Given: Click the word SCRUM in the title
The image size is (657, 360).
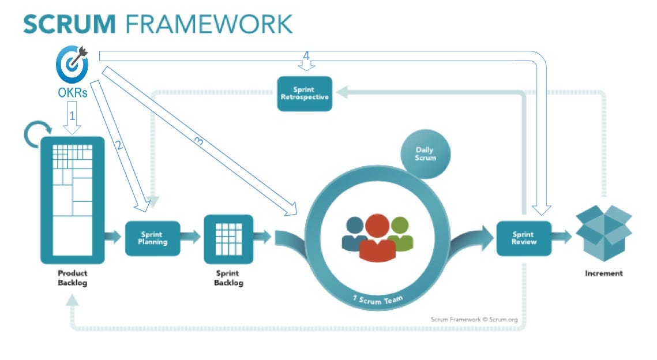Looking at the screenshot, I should click(x=69, y=24).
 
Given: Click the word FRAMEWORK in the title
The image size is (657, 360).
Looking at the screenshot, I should click(x=209, y=24).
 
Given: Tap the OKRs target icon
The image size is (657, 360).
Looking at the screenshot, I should click(x=72, y=63).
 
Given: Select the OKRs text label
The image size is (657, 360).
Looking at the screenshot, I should click(x=72, y=92).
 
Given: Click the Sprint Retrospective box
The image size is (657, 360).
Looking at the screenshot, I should click(x=305, y=93).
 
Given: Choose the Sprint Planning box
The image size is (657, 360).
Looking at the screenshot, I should click(x=153, y=238).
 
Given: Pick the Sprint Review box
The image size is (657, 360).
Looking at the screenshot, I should click(x=524, y=238).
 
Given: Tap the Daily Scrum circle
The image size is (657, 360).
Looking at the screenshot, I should click(x=425, y=154).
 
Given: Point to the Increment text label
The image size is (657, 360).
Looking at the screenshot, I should click(x=603, y=273).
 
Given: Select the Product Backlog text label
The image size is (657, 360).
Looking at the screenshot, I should click(x=72, y=278).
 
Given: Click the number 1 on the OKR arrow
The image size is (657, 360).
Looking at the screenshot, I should click(x=72, y=115).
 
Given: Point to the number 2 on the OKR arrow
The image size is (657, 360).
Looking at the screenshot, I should click(x=119, y=145).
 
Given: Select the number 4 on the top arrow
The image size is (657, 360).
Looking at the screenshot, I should click(x=306, y=56).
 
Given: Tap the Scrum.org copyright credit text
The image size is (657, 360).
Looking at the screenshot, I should click(x=474, y=318).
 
